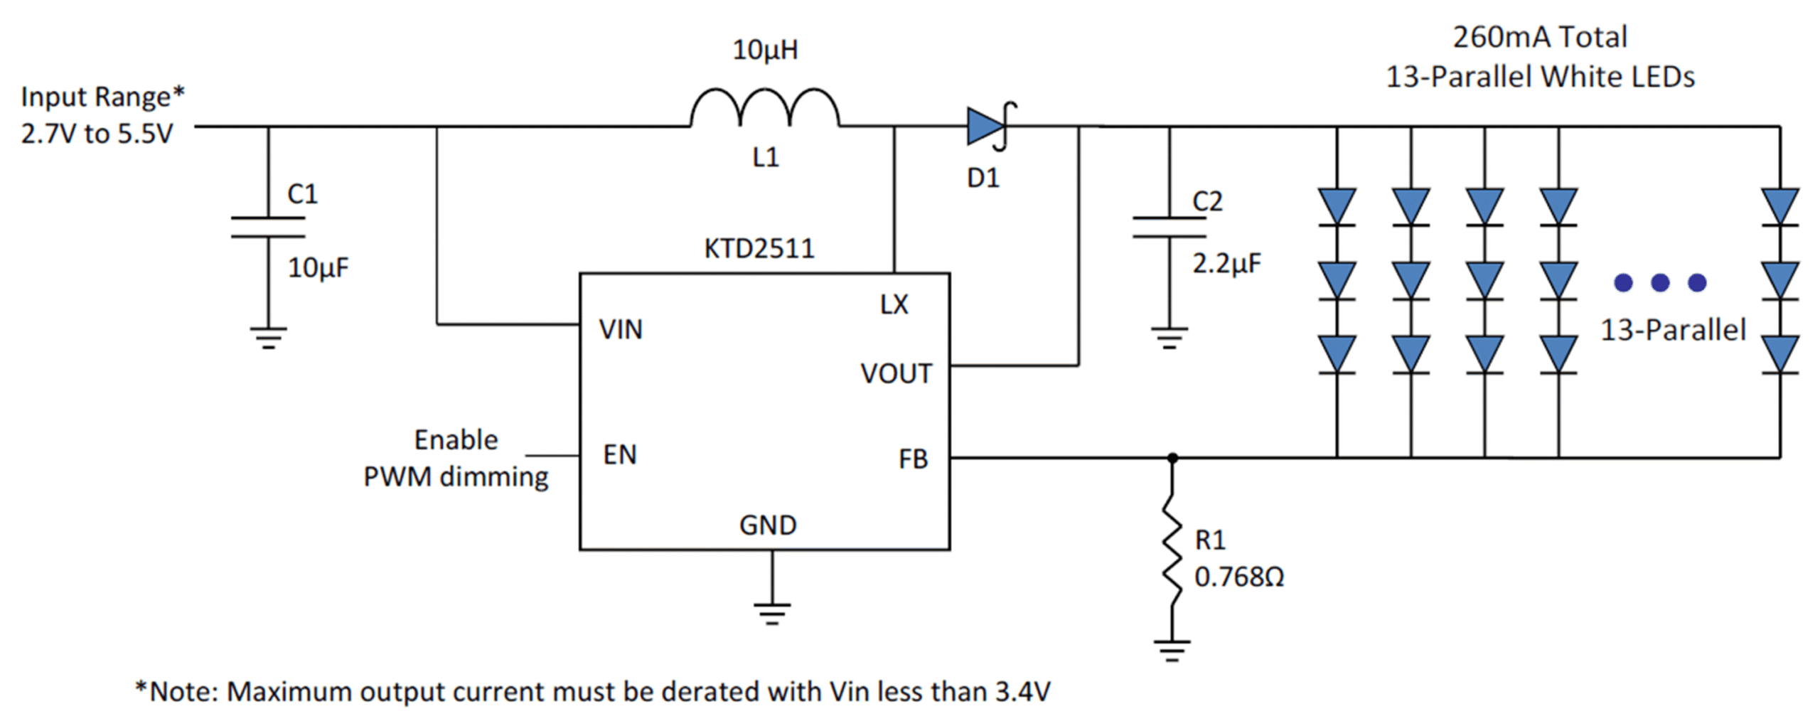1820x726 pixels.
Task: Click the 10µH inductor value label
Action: coord(765,50)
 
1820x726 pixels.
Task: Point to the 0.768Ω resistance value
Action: coord(1239,577)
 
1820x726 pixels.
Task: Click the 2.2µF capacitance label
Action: coord(1226,264)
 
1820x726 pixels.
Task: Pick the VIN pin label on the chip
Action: coord(621,329)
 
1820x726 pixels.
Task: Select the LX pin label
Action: coord(894,304)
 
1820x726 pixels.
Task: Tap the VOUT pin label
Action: coord(896,373)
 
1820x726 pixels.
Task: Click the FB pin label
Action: coord(913,459)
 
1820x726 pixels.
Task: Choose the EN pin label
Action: coord(620,454)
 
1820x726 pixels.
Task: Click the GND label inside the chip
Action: coord(768,525)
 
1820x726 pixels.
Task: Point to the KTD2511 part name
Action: coord(759,249)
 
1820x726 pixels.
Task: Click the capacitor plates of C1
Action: coord(268,227)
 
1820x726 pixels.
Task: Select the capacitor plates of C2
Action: coord(1169,226)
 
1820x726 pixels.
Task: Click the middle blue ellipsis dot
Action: coord(1660,283)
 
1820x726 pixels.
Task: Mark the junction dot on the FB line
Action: coord(1172,458)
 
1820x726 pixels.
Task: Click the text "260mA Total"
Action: coord(1540,37)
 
